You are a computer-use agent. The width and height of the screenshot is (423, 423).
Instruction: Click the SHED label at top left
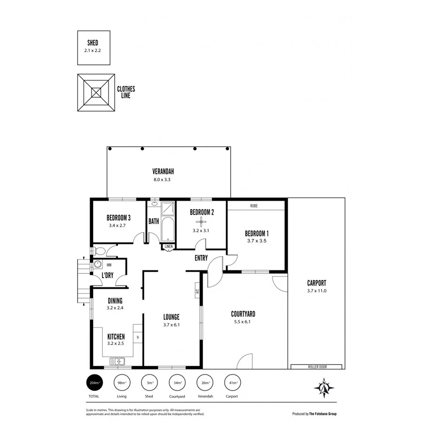click(x=93, y=42)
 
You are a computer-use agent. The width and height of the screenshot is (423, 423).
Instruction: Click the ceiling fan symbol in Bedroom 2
click(x=202, y=221)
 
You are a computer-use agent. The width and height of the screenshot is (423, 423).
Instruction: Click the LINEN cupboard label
click(x=168, y=247)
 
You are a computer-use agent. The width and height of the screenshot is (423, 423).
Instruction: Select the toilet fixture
click(x=99, y=251)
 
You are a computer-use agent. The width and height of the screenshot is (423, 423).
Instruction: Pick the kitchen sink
click(x=117, y=361)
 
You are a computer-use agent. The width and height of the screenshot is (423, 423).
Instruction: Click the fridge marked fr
click(x=138, y=337)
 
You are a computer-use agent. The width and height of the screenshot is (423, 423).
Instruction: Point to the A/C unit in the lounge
click(x=197, y=291)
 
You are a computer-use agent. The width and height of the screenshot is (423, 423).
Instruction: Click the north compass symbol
click(x=324, y=388)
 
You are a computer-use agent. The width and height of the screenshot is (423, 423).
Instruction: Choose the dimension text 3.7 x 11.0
click(x=316, y=291)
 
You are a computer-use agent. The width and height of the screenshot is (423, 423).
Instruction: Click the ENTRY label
click(x=202, y=258)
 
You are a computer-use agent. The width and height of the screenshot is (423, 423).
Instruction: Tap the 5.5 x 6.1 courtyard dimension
click(x=243, y=322)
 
